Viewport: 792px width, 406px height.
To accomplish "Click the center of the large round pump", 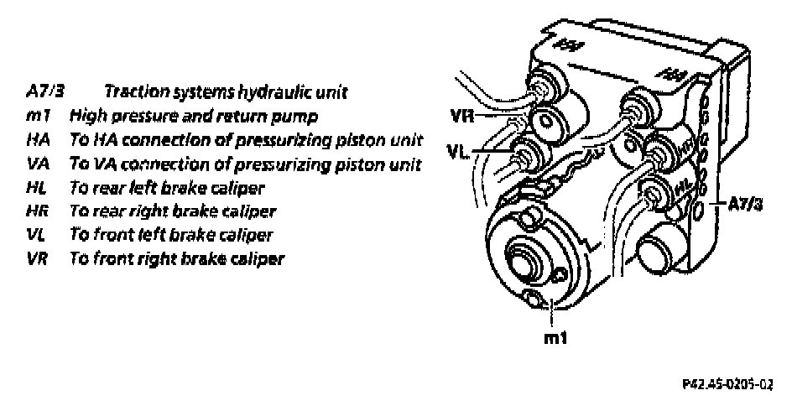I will [x=521, y=261].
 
